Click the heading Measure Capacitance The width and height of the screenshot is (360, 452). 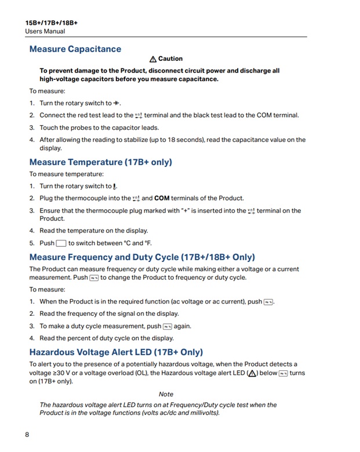pos(75,49)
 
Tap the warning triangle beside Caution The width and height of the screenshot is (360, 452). pos(153,59)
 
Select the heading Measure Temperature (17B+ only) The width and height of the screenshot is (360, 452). pos(100,162)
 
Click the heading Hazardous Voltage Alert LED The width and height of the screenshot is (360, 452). pos(116,352)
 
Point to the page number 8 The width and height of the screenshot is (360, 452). pos(27,435)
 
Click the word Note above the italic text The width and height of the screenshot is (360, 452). pos(166,394)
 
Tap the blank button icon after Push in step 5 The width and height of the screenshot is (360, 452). pos(61,243)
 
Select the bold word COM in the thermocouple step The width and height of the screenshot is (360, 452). pos(162,198)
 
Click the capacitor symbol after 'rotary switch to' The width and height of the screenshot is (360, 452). pos(117,103)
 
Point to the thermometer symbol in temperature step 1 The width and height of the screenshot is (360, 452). pos(115,187)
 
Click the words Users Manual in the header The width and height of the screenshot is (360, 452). pos(45,31)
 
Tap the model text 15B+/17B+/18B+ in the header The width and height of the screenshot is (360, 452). pos(51,23)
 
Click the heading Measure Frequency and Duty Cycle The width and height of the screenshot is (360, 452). pos(142,257)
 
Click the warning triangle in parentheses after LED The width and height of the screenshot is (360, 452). pos(252,373)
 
